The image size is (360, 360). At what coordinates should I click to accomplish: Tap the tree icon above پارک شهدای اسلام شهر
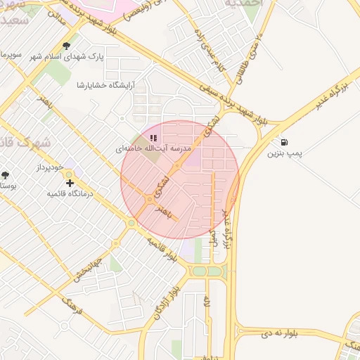67,46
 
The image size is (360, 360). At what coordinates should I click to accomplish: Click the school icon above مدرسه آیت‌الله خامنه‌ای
153,138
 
